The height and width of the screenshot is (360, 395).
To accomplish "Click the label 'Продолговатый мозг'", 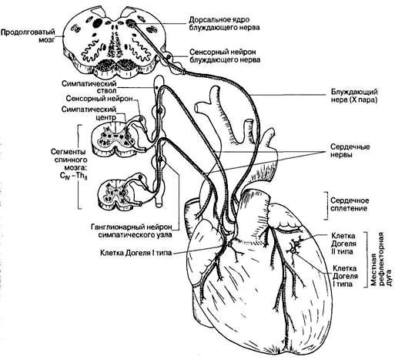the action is [28, 36].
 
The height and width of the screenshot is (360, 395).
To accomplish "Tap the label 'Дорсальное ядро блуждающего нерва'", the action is [224, 23].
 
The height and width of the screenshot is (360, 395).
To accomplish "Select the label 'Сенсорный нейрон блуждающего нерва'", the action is [225, 56].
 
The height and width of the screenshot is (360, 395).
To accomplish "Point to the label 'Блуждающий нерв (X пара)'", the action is [354, 96].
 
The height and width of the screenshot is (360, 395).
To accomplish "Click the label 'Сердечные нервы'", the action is [350, 150].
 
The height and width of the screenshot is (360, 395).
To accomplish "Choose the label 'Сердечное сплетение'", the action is [350, 204].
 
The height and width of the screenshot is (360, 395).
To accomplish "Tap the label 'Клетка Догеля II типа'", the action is [343, 244].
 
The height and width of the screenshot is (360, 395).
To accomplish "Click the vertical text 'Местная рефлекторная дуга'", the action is [382, 259].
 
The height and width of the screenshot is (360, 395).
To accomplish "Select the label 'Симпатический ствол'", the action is [89, 87].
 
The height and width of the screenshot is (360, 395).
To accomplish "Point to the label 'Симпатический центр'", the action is [89, 113].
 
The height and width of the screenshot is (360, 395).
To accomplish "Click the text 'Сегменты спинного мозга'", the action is [68, 160].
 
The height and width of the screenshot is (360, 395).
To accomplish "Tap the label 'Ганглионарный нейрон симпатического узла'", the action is [132, 230].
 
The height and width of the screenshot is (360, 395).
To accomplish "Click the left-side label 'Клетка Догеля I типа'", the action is [136, 253].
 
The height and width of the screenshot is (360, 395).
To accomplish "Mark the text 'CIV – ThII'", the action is [72, 177].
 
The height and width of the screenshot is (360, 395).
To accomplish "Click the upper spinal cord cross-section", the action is [114, 139].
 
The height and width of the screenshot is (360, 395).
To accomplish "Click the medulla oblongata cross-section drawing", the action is [113, 42].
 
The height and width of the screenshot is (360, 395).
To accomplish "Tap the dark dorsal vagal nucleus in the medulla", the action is [132, 23].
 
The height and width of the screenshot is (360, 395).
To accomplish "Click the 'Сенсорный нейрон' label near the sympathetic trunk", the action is [99, 99].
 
